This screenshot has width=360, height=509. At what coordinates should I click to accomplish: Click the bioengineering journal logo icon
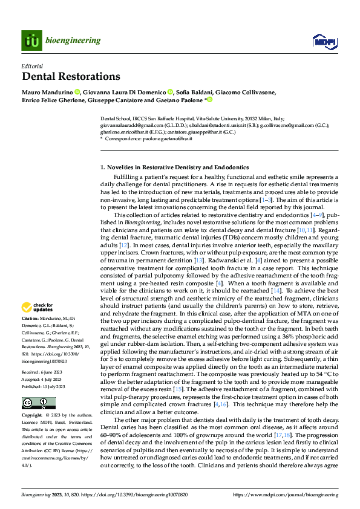(x=31, y=41)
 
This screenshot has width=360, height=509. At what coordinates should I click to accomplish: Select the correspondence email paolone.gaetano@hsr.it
(x=171, y=139)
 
